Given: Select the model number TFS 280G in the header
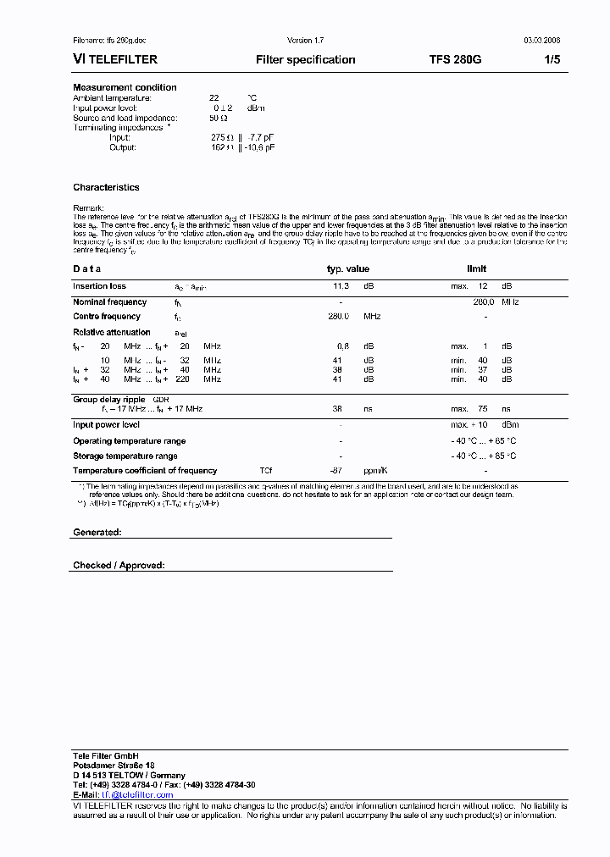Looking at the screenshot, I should [455, 60].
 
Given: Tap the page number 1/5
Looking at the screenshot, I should [552, 60].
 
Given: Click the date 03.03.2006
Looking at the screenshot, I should [541, 41].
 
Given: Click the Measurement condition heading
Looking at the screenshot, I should [125, 88].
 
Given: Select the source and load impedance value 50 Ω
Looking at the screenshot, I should [219, 118].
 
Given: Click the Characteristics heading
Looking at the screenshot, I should [106, 188].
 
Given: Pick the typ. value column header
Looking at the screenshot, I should [348, 269].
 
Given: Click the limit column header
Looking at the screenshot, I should [477, 269].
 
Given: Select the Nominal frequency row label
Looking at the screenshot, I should [109, 302].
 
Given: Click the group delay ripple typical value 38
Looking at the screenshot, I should [335, 409].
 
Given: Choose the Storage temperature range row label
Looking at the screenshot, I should [125, 456].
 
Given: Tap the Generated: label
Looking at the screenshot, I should [97, 532].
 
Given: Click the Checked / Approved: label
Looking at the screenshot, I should [119, 565].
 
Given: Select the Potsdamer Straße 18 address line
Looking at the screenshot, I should [114, 766].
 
